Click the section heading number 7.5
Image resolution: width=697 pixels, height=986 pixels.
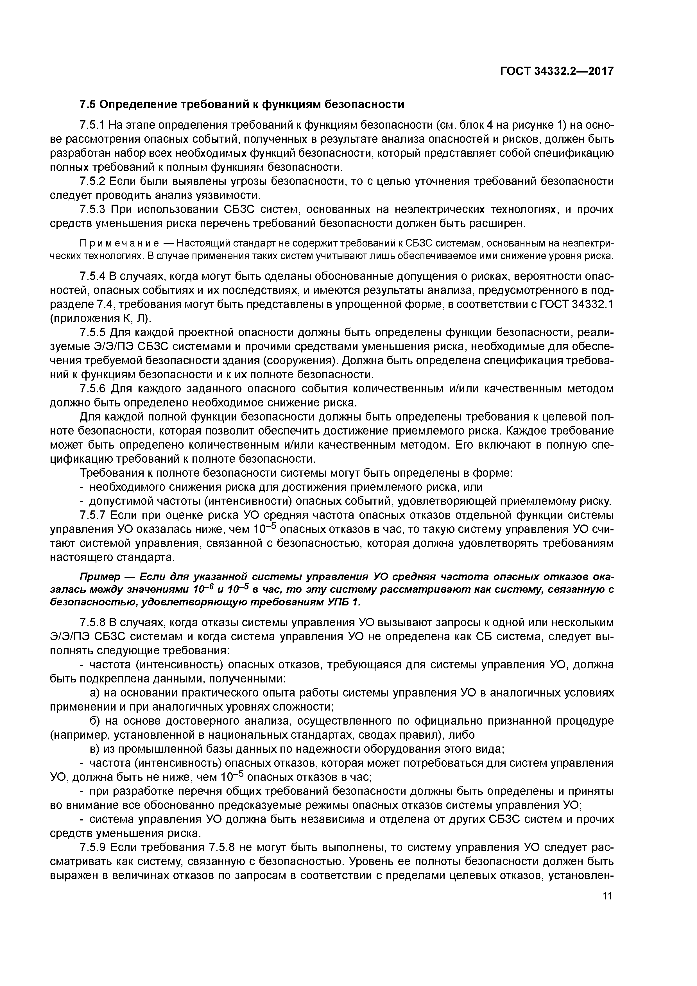point(89,104)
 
